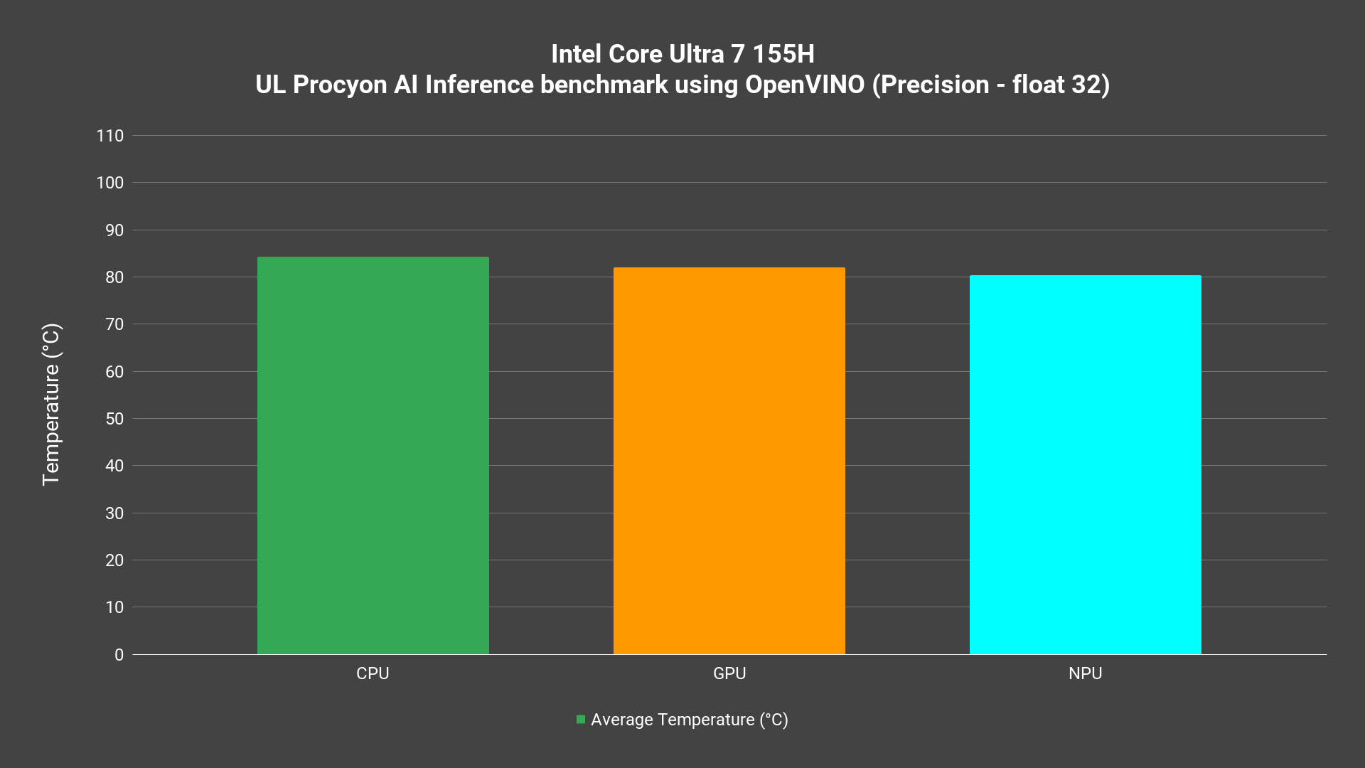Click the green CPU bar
tap(373, 455)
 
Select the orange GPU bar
tap(729, 461)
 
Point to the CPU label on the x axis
tap(373, 673)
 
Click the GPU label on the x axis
tap(729, 673)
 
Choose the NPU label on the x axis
tap(1085, 673)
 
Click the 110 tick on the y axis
tap(110, 136)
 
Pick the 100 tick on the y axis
tap(110, 183)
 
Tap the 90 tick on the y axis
tap(114, 230)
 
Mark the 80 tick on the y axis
tap(114, 277)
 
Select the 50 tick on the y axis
tap(114, 419)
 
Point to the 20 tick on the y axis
tap(114, 560)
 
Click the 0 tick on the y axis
tap(119, 655)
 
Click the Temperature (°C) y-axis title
tap(51, 405)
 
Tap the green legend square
tap(581, 720)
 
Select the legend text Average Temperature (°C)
tap(690, 720)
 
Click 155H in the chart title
tap(783, 54)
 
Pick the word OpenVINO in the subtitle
tap(805, 85)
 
